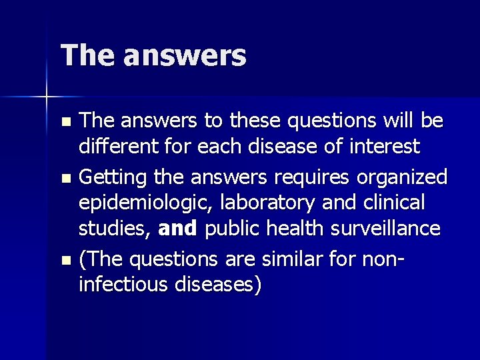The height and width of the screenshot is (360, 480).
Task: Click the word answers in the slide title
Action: click(185, 55)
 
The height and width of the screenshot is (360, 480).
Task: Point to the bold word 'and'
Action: click(178, 229)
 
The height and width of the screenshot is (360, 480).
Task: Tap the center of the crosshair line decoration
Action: click(47, 97)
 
